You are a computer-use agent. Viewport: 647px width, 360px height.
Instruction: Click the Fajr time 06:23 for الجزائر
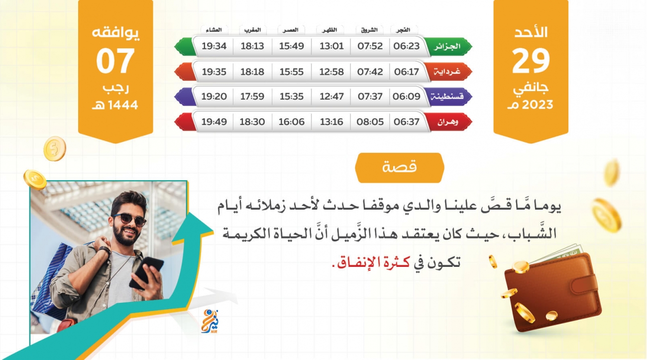coord(406,46)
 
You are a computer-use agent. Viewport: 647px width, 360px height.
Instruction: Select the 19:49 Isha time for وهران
coord(214,121)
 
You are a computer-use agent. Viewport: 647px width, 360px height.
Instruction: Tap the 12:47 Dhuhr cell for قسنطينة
coord(331,96)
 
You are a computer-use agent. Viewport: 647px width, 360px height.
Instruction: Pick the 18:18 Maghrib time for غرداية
coord(252,71)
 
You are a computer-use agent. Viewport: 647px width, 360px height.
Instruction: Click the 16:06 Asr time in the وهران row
coord(292,121)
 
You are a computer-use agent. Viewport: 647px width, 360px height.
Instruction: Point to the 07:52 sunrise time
coord(370,46)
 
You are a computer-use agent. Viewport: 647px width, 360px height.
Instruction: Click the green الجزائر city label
coord(449,46)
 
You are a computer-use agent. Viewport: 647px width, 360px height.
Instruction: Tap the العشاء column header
coord(214,30)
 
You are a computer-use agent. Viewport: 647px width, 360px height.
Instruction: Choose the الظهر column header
coord(329,30)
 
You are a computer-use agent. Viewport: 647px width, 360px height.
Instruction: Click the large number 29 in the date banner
coord(531,61)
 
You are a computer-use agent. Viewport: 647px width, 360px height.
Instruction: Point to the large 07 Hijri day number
coord(115,61)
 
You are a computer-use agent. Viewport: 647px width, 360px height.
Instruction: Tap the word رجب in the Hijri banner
coord(115,88)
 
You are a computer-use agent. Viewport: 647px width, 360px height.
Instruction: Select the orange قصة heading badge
coord(400,168)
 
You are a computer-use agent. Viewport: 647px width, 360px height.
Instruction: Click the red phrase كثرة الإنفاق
coord(373,262)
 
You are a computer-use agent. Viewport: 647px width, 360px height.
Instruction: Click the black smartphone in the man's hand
coord(146,272)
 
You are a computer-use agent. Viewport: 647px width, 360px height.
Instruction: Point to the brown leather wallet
coord(553,292)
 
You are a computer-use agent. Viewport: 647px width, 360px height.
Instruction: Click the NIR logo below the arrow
coord(210,322)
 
